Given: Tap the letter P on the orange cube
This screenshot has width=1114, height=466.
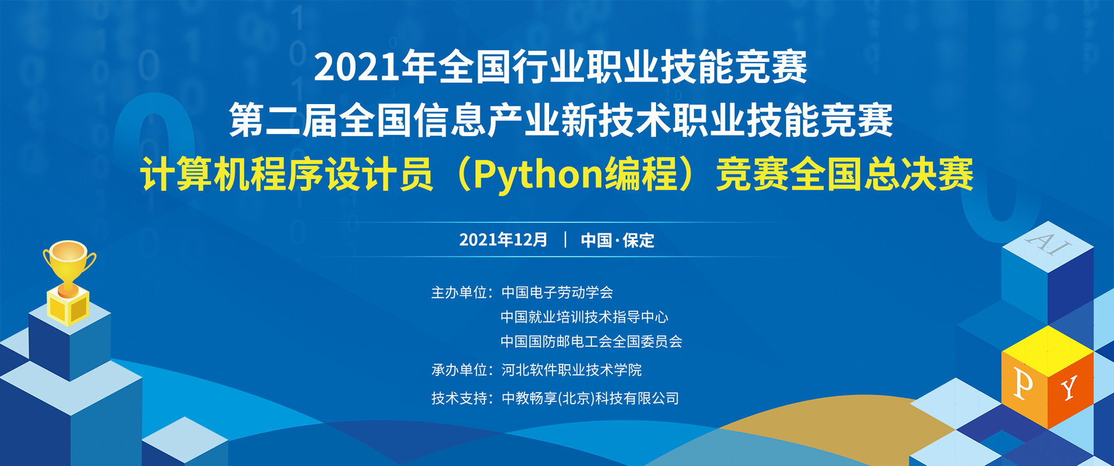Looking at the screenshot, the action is (x=1023, y=385).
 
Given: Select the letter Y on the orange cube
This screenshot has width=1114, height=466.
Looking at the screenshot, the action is (x=1068, y=388).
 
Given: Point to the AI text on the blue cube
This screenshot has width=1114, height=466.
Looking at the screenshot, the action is (x=1048, y=243).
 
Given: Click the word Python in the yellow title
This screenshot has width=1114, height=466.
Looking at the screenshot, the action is (x=538, y=175).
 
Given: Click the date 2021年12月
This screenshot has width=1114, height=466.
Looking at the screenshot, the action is (x=503, y=240).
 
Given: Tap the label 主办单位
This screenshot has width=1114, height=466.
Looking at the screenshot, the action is (x=459, y=293).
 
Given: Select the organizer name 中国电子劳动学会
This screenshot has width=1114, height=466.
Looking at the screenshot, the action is (x=557, y=293).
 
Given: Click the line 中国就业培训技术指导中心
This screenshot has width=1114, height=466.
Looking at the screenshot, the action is (x=585, y=317).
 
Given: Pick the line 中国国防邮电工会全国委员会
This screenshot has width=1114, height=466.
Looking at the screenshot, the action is (x=591, y=342).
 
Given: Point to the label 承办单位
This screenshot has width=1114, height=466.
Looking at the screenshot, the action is (x=459, y=370).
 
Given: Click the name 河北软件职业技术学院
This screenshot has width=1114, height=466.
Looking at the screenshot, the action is (x=571, y=370).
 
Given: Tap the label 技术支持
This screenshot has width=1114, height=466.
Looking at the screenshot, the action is (x=459, y=398).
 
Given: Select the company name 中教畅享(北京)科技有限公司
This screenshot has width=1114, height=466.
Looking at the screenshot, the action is (x=590, y=398).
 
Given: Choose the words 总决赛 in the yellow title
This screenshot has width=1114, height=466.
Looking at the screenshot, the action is (x=919, y=175).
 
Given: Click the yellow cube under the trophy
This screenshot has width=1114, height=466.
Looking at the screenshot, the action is (x=68, y=306).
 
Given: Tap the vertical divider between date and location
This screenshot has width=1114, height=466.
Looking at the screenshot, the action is (x=565, y=240).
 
